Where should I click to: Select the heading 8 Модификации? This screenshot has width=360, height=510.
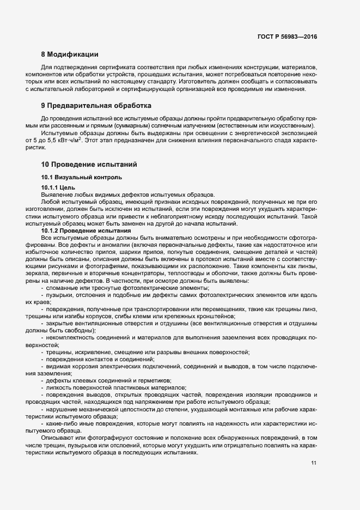pyautogui.click(x=70, y=54)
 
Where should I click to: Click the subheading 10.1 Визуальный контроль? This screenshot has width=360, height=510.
pyautogui.click(x=78, y=177)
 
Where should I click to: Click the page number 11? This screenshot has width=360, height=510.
pyautogui.click(x=314, y=463)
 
